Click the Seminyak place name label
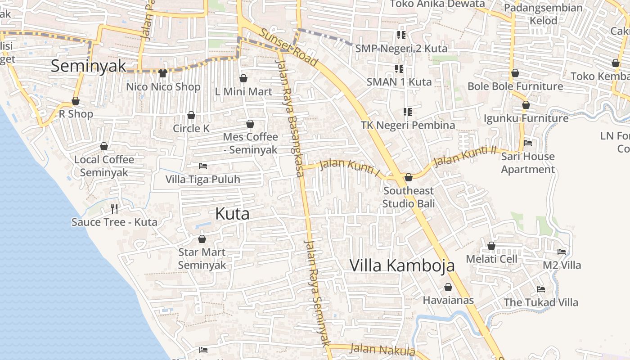[x=88, y=66]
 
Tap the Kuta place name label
[x=232, y=214]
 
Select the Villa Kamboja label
[x=402, y=265]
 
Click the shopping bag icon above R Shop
[x=76, y=101]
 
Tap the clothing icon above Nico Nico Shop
[x=163, y=73]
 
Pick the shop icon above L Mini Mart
[x=243, y=78]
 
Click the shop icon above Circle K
[x=191, y=115]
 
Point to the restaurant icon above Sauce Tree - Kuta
[x=114, y=208]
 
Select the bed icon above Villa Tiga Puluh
[x=203, y=166]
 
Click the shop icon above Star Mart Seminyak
[x=202, y=239]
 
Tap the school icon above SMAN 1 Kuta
[x=399, y=68]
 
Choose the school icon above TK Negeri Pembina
[x=408, y=112]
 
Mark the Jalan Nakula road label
[x=382, y=350]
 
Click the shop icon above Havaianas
[x=448, y=287]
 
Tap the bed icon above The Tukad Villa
[x=541, y=289]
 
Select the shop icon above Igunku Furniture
[x=526, y=105]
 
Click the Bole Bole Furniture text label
[x=515, y=86]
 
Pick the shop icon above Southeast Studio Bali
[x=409, y=178]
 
